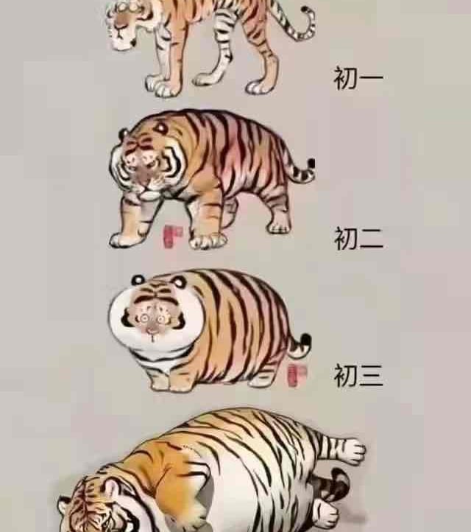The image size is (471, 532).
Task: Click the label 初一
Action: [358, 78]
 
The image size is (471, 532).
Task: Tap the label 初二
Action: [358, 239]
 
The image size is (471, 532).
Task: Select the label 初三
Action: [358, 375]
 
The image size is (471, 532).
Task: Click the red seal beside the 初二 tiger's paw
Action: [172, 236]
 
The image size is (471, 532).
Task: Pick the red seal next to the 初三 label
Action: [297, 376]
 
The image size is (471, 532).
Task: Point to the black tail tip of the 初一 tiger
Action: [306, 10]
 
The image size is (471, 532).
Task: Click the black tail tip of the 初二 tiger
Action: [311, 164]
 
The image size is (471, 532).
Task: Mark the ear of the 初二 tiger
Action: [123, 133]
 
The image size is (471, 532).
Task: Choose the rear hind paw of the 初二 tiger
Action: [279, 226]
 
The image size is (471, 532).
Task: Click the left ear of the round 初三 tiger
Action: [138, 279]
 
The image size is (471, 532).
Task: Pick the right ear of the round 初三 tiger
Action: [180, 282]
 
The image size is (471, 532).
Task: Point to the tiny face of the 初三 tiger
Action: [152, 321]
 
